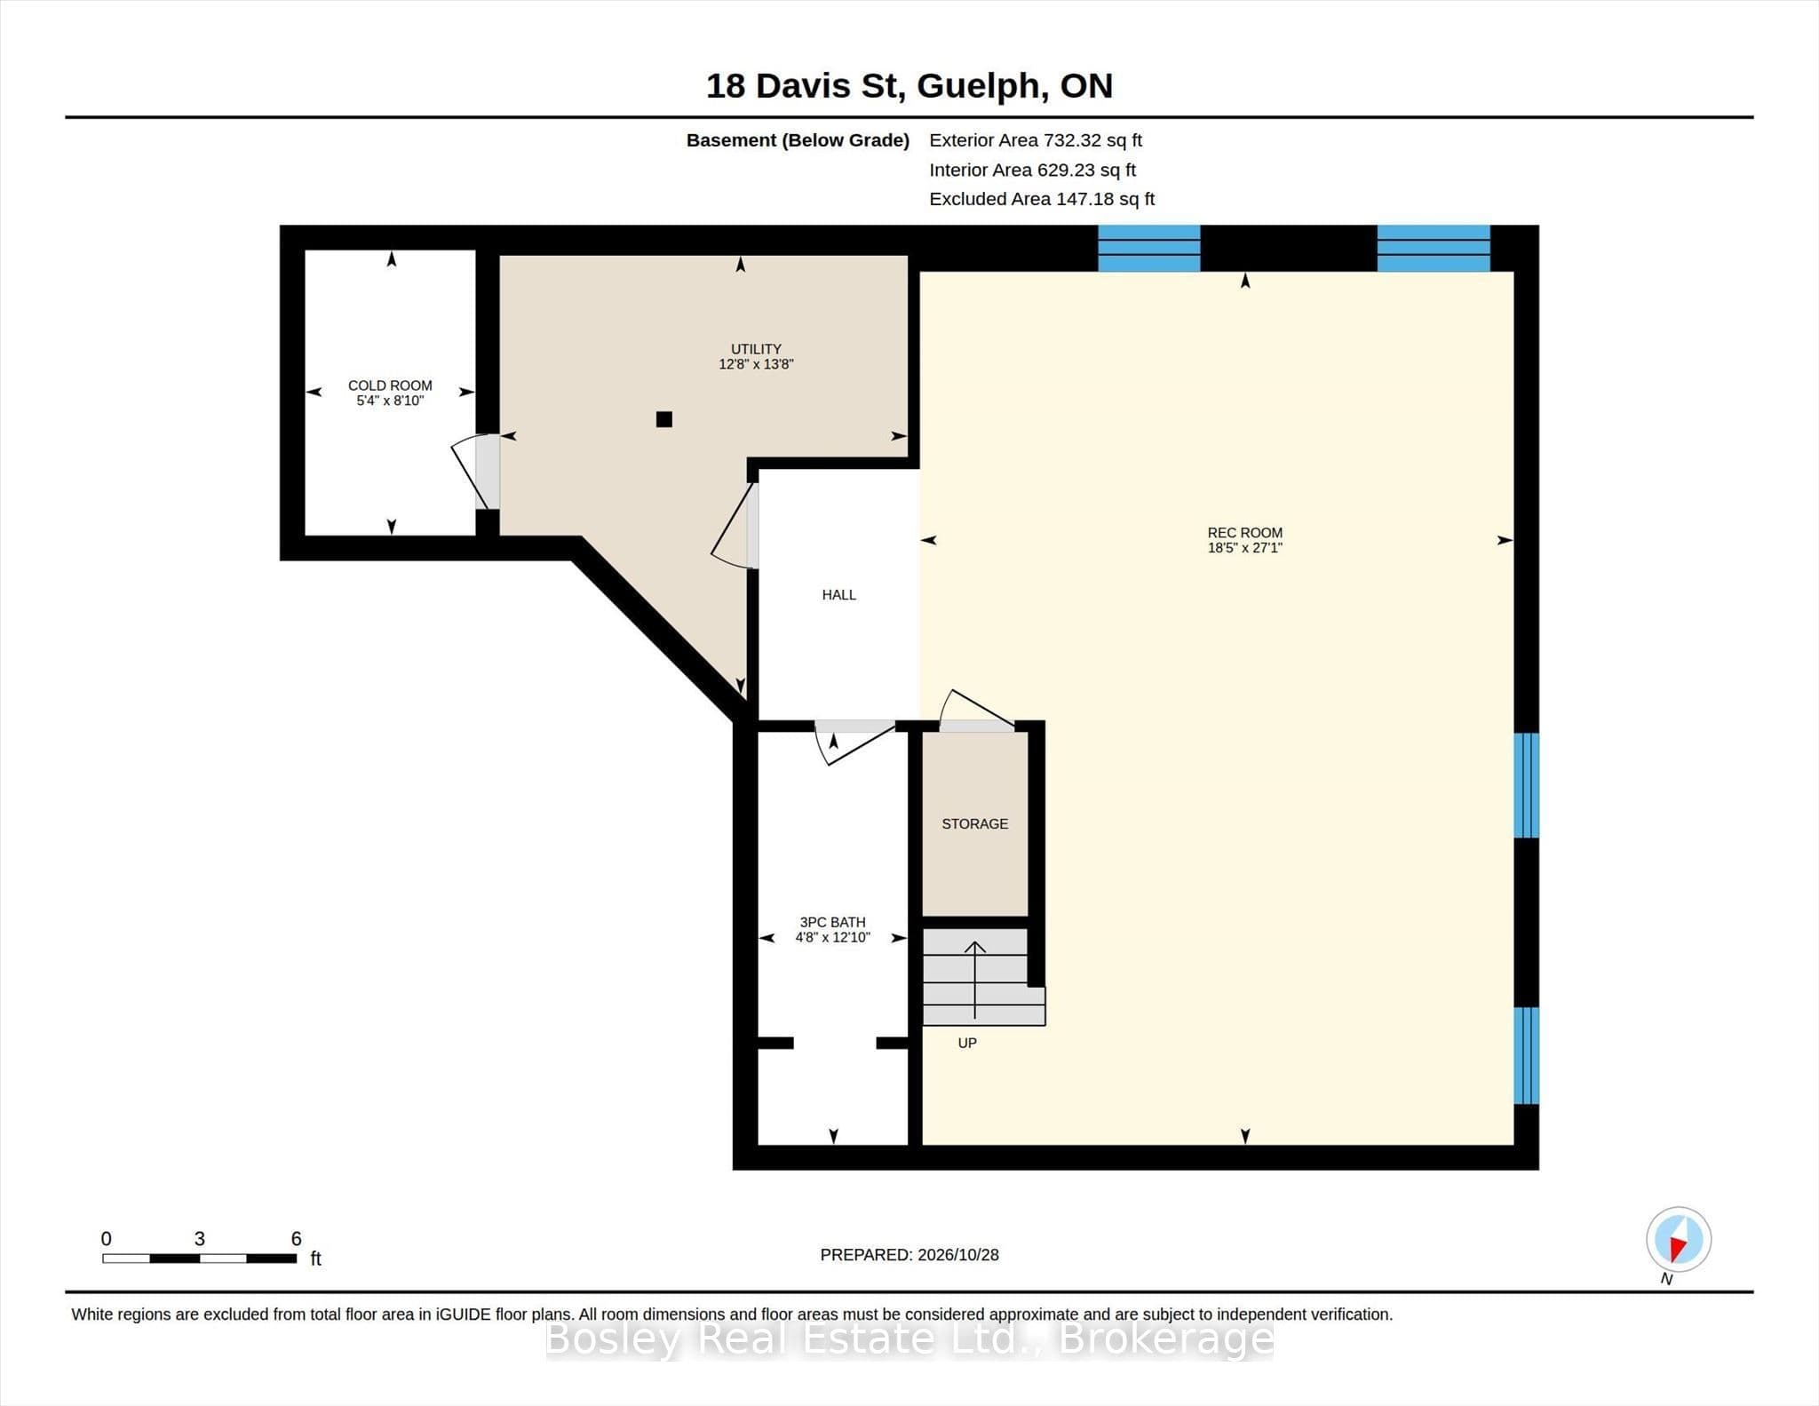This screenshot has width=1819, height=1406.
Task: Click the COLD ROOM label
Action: coord(390,385)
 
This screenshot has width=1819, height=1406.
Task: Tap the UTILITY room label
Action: coord(756,349)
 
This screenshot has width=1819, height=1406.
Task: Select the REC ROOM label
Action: coord(1244,533)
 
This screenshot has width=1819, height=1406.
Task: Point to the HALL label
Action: coord(838,595)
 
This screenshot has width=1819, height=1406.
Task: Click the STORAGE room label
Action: coord(974,824)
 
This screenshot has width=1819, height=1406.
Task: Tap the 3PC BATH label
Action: coord(832,923)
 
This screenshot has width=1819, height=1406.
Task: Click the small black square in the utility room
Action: coord(663,419)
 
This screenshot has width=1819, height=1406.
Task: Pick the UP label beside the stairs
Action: coord(967,1043)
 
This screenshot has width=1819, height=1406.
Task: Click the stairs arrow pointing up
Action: coord(975,980)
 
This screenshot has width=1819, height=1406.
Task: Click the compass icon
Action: coord(1678,1239)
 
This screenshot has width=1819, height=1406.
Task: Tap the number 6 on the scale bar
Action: coord(296,1238)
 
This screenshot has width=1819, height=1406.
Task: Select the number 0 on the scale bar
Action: coord(107,1238)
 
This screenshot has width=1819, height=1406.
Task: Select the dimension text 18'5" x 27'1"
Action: coord(1244,548)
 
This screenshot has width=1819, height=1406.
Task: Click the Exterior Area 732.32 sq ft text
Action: coord(1036,140)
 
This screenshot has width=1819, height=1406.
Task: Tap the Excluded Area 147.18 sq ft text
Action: coord(1042,199)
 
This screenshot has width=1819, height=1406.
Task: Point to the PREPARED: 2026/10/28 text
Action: coord(909,1255)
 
